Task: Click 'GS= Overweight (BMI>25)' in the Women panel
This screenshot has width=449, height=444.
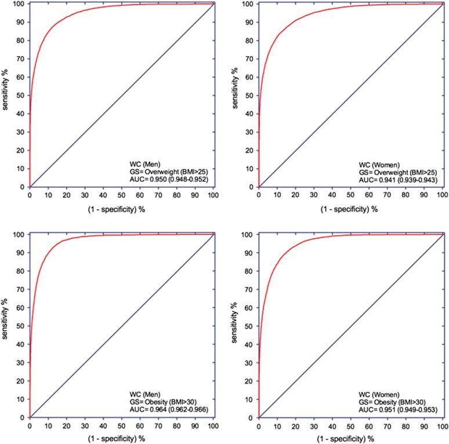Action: pos(396,172)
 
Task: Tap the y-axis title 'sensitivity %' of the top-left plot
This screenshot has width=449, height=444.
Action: pos(6,95)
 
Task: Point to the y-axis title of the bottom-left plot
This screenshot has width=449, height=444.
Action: pos(6,325)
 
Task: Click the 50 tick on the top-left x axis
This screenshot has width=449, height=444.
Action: pos(121,195)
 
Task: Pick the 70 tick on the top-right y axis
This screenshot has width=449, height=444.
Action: pos(249,59)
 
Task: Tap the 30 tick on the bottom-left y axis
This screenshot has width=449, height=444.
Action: pos(21,362)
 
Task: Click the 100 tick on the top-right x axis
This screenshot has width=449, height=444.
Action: pos(442,195)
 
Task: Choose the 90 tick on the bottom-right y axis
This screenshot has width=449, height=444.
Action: pos(249,252)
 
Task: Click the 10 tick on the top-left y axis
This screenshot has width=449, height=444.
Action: pos(21,169)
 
